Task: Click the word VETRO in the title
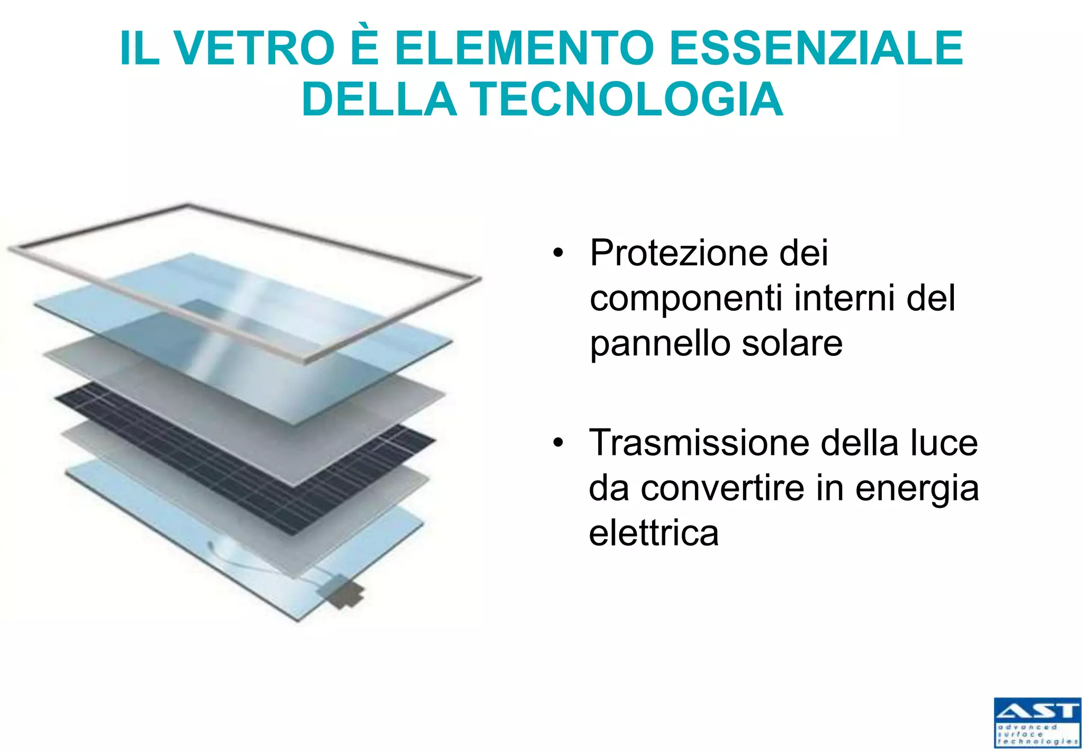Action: pyautogui.click(x=255, y=49)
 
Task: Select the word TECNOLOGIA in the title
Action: pyautogui.click(x=626, y=100)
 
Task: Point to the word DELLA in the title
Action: pyautogui.click(x=379, y=100)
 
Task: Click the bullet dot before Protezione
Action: pyautogui.click(x=557, y=253)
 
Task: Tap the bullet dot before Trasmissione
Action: pyautogui.click(x=557, y=442)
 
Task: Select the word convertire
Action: pyautogui.click(x=722, y=488)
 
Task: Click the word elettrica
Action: pyautogui.click(x=654, y=533)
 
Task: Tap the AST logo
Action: pyautogui.click(x=1037, y=722)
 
